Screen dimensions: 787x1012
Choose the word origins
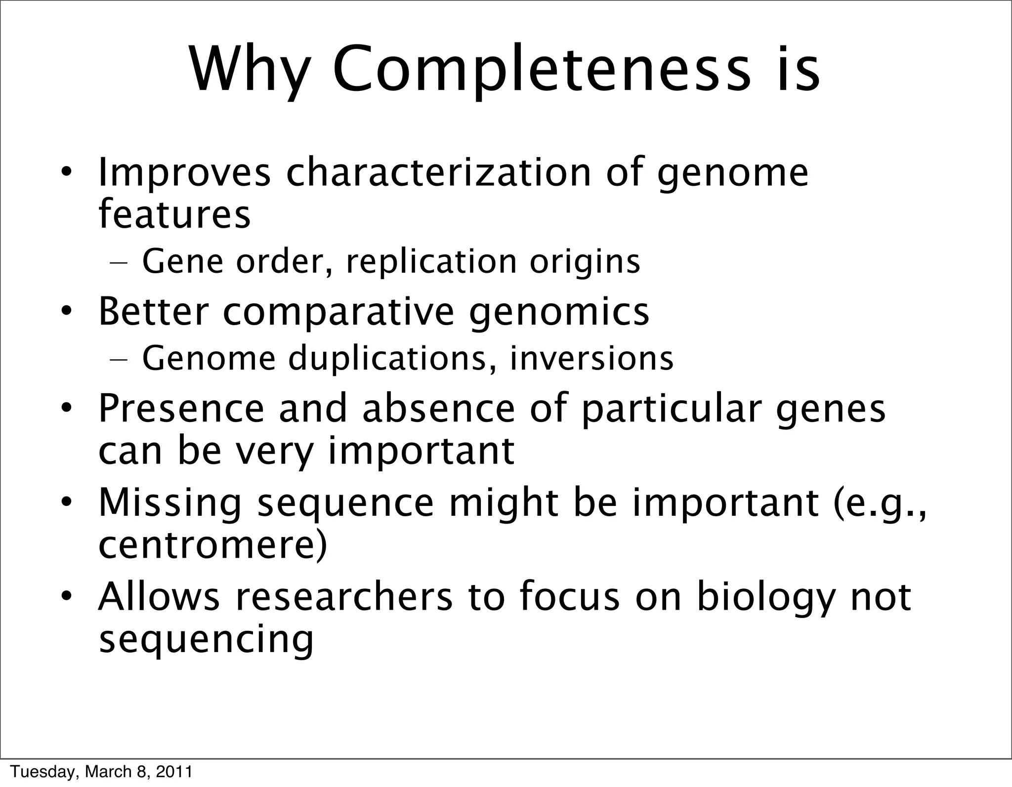click(585, 263)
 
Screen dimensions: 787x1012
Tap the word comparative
click(338, 312)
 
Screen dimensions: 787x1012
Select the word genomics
click(559, 313)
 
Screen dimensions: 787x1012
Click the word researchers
click(343, 596)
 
